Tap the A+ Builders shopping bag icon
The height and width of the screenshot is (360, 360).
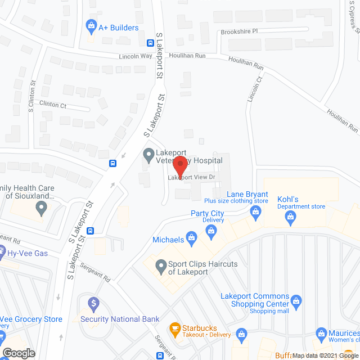click(91, 26)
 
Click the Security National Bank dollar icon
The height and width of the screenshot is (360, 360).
click(93, 304)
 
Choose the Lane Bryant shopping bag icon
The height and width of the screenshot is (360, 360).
click(256, 211)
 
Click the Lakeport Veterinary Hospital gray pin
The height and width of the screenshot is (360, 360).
click(148, 154)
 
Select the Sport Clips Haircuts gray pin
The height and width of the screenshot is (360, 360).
click(160, 265)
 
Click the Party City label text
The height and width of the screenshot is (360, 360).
click(207, 213)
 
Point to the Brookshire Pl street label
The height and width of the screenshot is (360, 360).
click(238, 31)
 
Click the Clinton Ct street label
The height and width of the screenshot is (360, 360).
click(53, 105)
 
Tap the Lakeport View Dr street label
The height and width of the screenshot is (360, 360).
click(192, 177)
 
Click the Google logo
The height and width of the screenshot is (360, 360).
click(19, 353)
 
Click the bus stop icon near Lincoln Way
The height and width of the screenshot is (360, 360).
click(151, 43)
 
